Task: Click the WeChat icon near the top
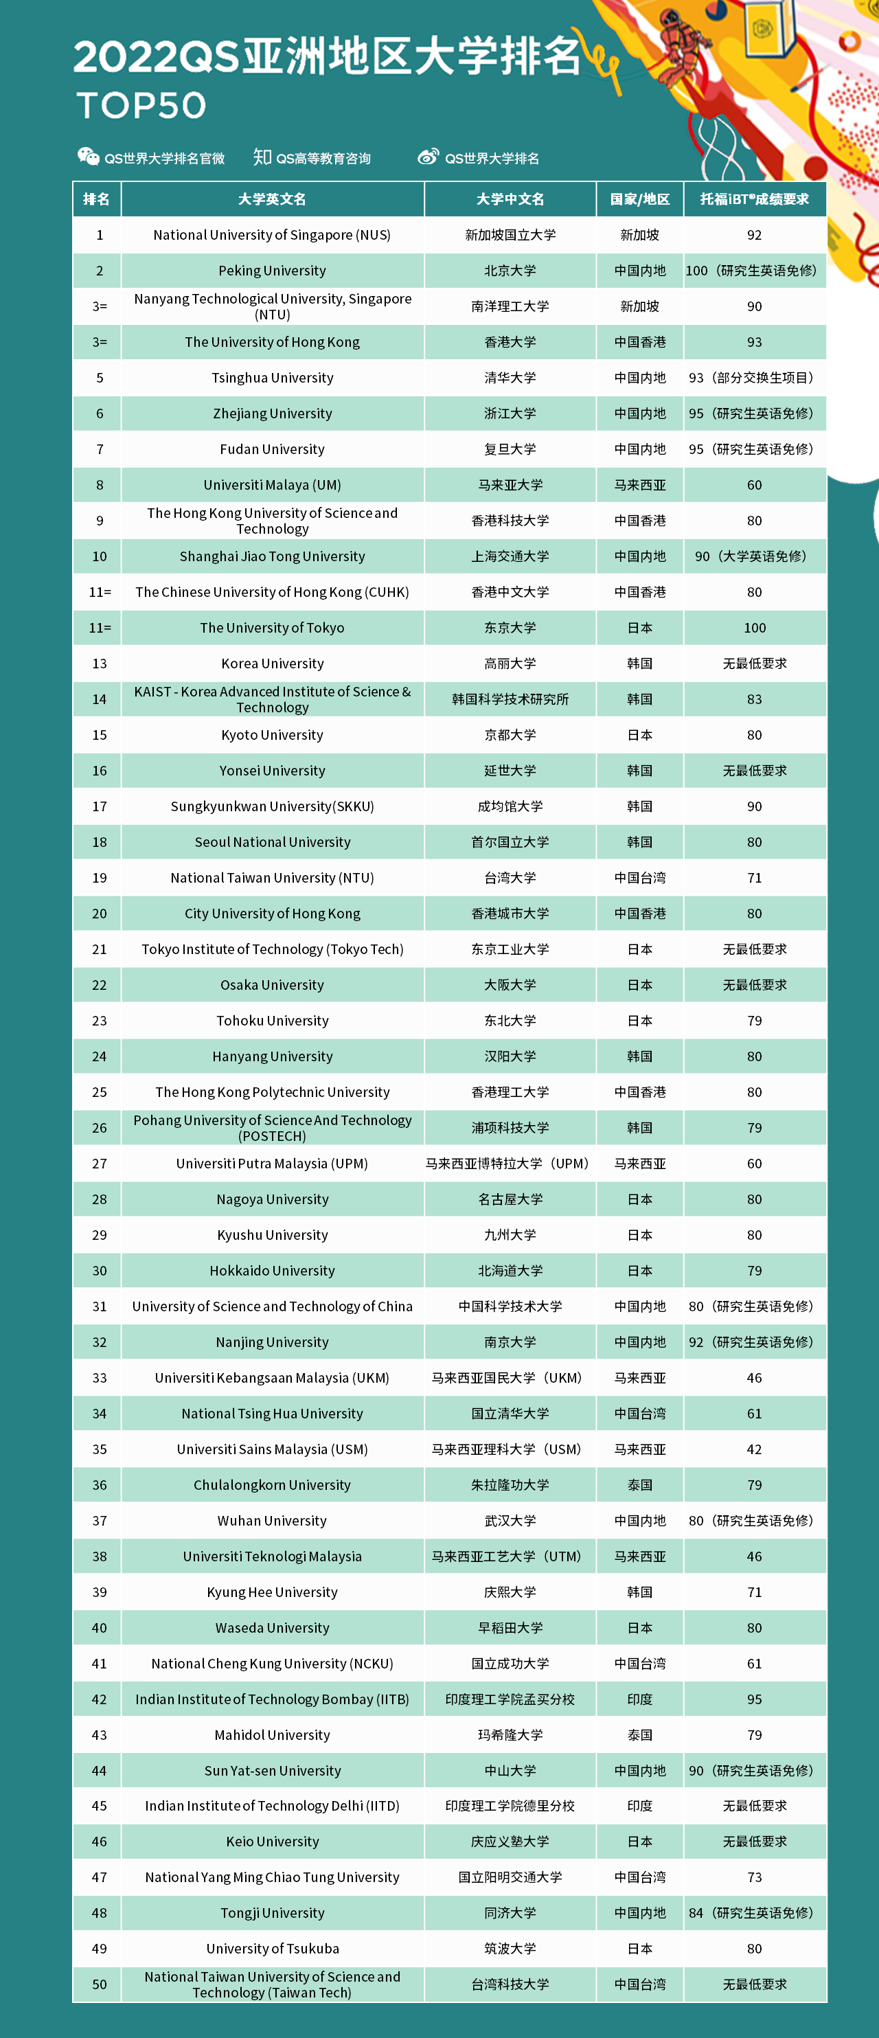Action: coord(88,157)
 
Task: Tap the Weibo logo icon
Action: coord(428,157)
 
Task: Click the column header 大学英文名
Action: coord(272,199)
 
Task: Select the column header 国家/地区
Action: coord(639,199)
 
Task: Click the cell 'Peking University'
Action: coord(272,271)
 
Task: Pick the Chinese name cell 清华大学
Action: coord(510,377)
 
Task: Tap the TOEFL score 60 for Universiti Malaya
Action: coord(754,485)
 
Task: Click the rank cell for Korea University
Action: coord(99,663)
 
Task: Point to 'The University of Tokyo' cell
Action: coord(272,627)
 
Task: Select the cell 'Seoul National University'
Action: coord(272,842)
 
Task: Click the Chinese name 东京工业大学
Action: coord(510,949)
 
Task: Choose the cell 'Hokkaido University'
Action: coord(272,1271)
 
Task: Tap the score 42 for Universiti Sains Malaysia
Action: coord(754,1449)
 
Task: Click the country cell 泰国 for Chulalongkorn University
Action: coord(639,1485)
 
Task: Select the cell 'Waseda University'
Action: coord(272,1627)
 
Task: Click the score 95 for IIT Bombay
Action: coord(754,1699)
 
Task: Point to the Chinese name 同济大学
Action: coord(510,1912)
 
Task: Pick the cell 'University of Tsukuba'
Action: coord(272,1948)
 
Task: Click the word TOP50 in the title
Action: coord(141,105)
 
